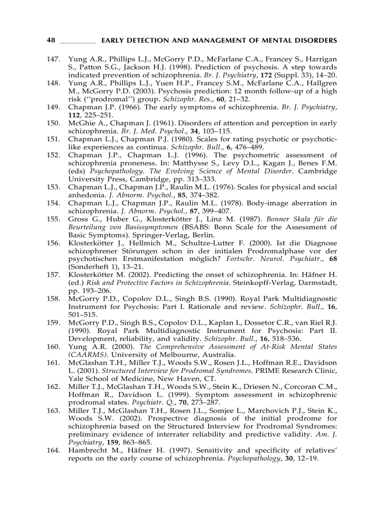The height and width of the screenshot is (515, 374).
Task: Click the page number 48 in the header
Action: (51, 40)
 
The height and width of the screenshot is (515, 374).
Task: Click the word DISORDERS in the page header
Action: (316, 40)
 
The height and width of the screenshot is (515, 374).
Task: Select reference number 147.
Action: (54, 60)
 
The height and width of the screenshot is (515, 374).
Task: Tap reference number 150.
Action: (54, 123)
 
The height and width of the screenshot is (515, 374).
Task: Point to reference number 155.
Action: (54, 219)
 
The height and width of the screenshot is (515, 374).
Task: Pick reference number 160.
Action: (54, 347)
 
